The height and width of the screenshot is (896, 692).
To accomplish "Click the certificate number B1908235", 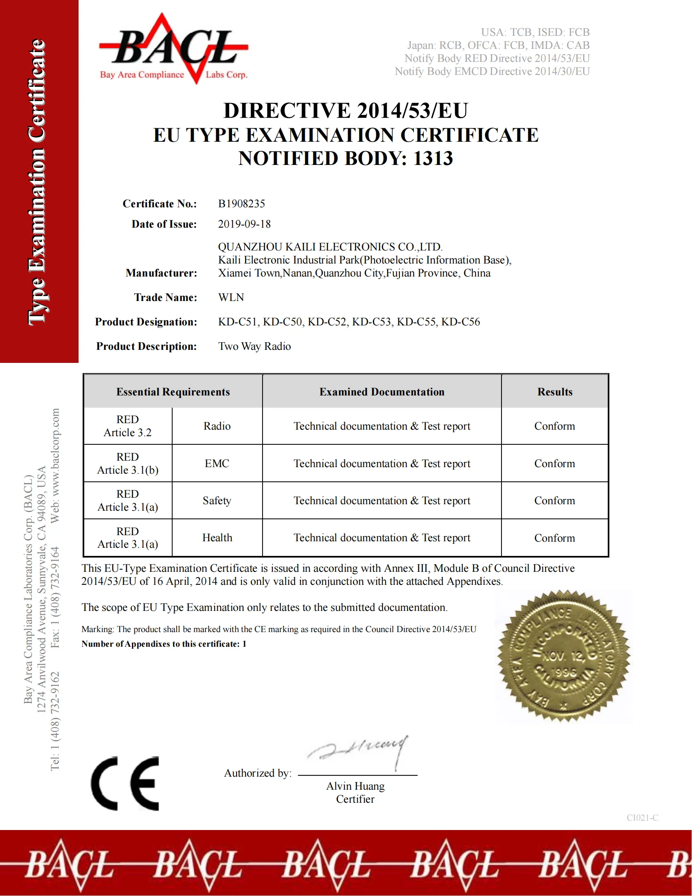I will [241, 204].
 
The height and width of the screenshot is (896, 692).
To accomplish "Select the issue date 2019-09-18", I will [244, 224].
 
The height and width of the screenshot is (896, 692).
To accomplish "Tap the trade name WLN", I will [231, 297].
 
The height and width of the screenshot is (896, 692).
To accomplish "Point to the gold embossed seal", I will [564, 656].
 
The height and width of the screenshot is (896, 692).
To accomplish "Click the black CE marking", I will [125, 783].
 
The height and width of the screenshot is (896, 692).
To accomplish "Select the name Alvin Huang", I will [355, 786].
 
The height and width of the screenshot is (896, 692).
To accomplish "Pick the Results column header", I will [555, 392].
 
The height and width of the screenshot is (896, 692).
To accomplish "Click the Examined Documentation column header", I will [382, 392].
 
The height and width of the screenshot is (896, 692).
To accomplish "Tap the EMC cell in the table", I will [217, 463].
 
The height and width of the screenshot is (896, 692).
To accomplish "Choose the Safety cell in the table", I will [217, 501].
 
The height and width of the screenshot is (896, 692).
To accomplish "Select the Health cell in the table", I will [217, 538].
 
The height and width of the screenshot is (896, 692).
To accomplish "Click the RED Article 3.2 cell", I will [127, 426].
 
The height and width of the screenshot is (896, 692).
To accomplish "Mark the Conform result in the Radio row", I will [555, 426].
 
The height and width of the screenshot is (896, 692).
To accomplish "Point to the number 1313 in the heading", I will [433, 158].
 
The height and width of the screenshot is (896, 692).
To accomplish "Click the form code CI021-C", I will [642, 818].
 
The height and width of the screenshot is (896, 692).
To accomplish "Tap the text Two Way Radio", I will [254, 346].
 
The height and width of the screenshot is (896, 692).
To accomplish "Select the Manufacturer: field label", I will [162, 273].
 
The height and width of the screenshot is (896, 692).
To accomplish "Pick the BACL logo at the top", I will [174, 48].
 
